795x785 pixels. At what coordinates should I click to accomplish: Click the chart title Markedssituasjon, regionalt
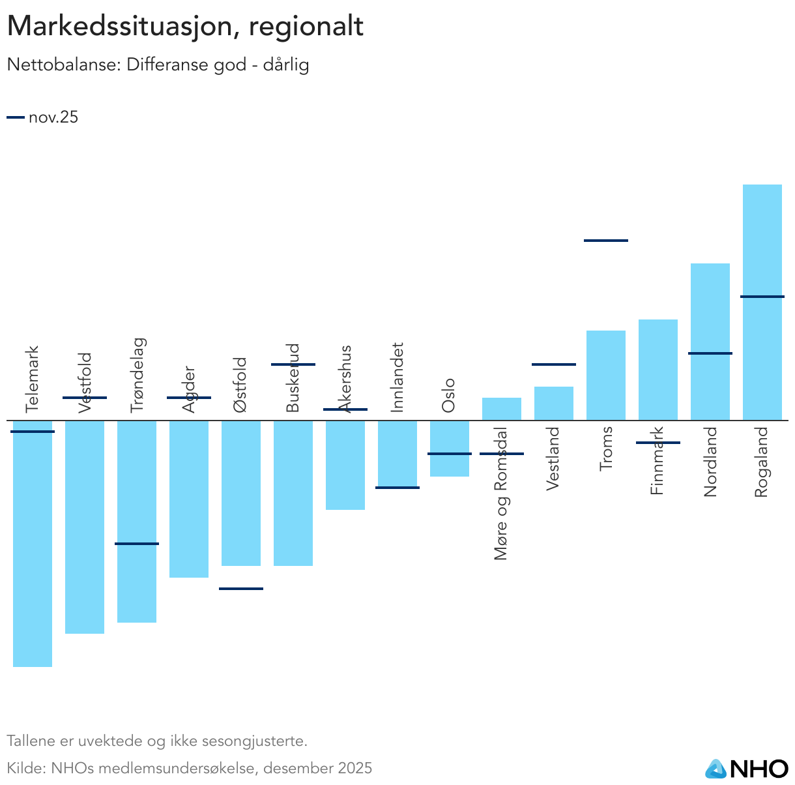185,27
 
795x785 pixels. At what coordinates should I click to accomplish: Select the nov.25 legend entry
43,117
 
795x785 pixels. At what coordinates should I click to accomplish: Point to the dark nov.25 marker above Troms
605,241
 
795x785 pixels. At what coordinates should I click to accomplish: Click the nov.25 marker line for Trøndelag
137,543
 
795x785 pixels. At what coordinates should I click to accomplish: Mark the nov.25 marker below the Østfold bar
241,589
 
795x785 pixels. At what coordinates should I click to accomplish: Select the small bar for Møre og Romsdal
501,409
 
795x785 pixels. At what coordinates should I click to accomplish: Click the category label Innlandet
397,378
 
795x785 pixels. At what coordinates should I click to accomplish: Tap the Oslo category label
448,395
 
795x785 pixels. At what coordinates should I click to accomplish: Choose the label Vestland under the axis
553,458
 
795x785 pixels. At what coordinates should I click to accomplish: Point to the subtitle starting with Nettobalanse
158,65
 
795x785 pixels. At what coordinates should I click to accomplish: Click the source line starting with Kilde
189,767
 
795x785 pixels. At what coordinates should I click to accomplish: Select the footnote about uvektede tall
156,741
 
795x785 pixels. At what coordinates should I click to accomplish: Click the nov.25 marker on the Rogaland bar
762,297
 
